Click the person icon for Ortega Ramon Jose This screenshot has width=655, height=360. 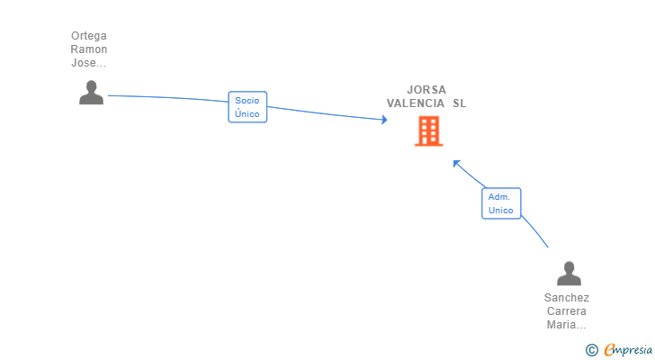click(x=91, y=93)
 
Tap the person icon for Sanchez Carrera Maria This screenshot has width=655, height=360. click(x=569, y=274)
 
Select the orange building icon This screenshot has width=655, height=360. click(x=428, y=130)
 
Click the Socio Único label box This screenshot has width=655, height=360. click(x=247, y=107)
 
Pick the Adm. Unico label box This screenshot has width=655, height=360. click(x=501, y=203)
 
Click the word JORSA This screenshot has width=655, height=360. click(x=426, y=90)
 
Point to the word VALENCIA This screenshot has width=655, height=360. click(x=416, y=103)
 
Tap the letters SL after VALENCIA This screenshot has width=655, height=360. click(x=460, y=103)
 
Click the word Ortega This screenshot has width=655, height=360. click(x=89, y=36)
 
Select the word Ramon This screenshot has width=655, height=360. click(x=89, y=49)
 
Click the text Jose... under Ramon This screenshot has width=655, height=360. click(x=89, y=63)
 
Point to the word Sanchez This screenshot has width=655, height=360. click(x=567, y=298)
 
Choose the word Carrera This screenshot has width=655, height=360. click(x=567, y=311)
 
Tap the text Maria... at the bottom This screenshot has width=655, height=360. click(x=567, y=325)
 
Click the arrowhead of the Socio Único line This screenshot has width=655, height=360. click(x=384, y=120)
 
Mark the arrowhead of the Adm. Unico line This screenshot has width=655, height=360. click(x=456, y=163)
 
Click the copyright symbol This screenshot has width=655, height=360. click(x=592, y=349)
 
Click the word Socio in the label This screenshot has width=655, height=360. click(x=247, y=101)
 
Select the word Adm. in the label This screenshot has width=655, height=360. click(x=499, y=197)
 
